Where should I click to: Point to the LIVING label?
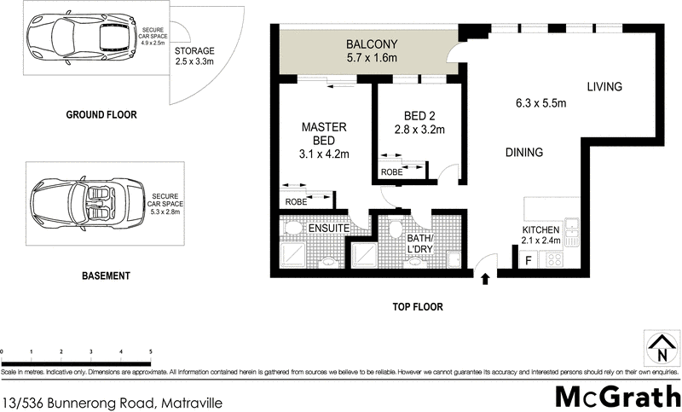coord(604,86)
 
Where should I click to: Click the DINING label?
coord(523,153)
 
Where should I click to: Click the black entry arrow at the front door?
coord(486,277)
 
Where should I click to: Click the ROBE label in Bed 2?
coord(392,171)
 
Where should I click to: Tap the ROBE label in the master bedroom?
coord(296,202)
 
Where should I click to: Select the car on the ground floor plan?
coord(78,38)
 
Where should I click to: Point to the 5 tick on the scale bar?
coord(150,351)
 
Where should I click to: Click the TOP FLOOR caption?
coord(417,306)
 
